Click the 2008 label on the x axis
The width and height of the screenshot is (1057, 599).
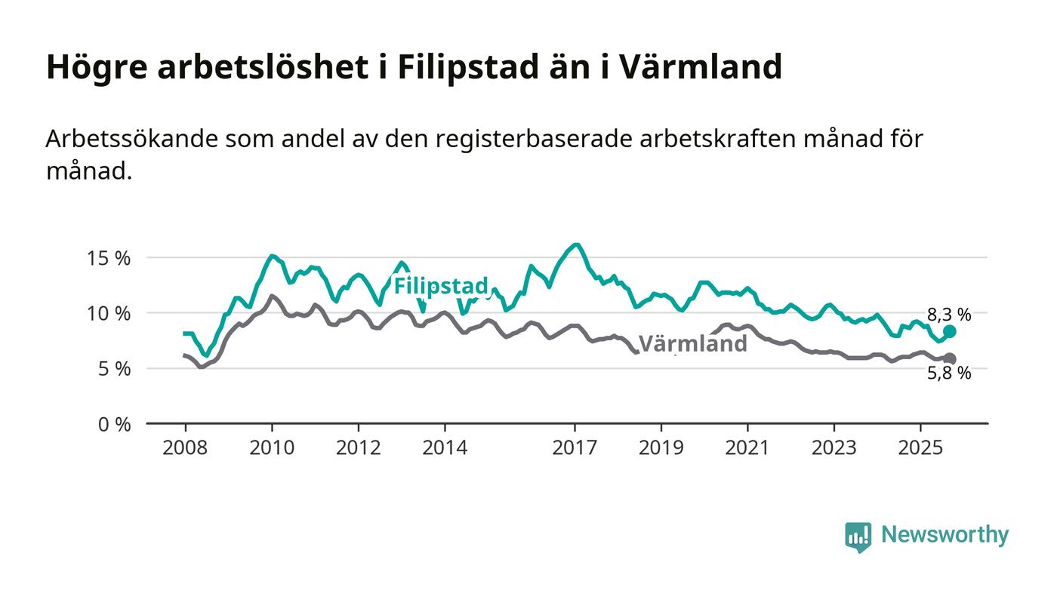click(185, 448)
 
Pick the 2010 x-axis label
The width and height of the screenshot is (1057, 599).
click(272, 448)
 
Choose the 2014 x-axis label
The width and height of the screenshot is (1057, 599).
click(445, 448)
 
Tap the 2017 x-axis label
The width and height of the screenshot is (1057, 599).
click(575, 448)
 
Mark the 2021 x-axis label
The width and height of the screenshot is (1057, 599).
click(747, 448)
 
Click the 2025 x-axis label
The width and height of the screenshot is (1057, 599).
click(920, 448)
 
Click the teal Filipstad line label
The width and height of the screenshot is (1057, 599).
click(441, 287)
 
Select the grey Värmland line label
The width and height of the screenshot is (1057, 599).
click(693, 344)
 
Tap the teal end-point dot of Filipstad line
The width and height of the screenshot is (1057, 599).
click(950, 331)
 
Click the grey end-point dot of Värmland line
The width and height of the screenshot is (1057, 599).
click(950, 359)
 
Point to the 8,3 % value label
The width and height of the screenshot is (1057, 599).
click(949, 314)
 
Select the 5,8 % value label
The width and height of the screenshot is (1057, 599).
click(949, 373)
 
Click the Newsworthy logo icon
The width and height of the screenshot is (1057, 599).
click(858, 536)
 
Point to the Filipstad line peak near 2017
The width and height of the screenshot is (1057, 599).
click(575, 244)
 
